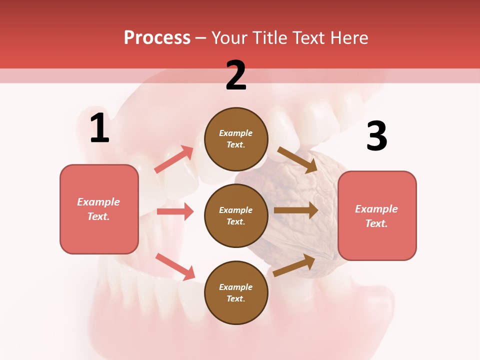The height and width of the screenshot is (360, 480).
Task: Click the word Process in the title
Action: click(157, 38)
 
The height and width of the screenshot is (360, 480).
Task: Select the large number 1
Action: click(99, 128)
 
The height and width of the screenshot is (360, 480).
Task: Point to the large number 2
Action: click(236, 75)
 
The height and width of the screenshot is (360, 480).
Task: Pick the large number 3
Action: click(376, 136)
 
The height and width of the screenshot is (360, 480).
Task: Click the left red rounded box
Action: click(99, 209)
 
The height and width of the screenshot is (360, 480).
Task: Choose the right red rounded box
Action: click(377, 216)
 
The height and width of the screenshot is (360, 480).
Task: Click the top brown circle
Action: click(236, 139)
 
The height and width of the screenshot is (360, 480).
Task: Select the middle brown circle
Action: click(236, 216)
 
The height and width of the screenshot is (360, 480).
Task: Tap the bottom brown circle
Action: click(236, 293)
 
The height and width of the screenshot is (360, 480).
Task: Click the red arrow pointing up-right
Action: click(174, 159)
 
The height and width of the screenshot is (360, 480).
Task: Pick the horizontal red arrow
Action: click(175, 211)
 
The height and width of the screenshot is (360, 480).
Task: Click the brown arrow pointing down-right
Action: click(297, 160)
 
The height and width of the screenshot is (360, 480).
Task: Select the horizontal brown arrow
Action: click(296, 210)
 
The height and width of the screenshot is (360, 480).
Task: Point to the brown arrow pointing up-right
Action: click(294, 265)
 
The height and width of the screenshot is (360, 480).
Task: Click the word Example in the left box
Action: click(98, 202)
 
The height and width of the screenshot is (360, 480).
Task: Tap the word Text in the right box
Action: click(376, 223)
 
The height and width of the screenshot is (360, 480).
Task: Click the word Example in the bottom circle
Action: click(236, 287)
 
